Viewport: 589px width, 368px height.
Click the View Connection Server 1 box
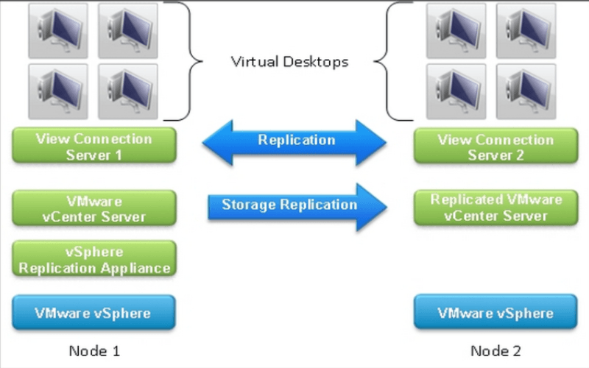click(94, 146)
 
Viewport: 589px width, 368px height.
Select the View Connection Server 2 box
click(494, 146)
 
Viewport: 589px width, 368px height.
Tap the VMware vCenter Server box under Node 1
click(94, 208)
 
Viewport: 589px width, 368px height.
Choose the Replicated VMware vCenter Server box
click(494, 208)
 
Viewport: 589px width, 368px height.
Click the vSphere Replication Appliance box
click(94, 260)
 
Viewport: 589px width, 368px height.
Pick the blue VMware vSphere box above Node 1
click(94, 312)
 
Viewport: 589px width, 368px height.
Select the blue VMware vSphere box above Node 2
click(494, 313)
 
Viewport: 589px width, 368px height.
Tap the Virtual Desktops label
click(289, 62)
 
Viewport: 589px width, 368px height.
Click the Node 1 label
click(94, 350)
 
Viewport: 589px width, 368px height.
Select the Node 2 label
click(495, 350)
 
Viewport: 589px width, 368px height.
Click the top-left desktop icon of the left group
click(57, 30)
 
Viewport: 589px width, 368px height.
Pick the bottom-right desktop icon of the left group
click(127, 91)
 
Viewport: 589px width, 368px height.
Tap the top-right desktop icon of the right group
click(525, 30)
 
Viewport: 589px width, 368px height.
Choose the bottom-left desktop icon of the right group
click(455, 91)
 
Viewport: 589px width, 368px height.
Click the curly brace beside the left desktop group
click(183, 60)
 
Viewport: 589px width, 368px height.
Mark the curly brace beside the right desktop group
click(393, 60)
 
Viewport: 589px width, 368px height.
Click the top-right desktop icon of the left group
click(127, 30)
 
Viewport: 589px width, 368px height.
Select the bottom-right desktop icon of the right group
click(525, 91)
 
